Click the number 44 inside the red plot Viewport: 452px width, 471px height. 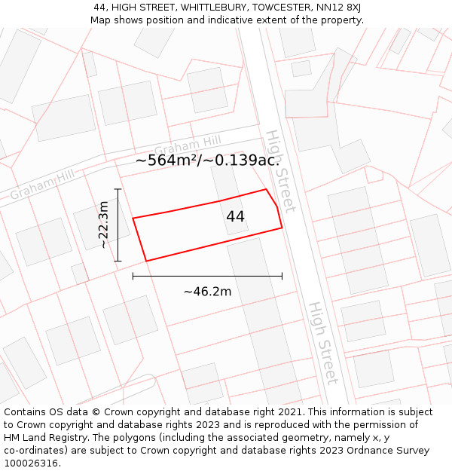[235, 216]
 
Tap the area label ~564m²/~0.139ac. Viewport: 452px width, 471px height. [208, 160]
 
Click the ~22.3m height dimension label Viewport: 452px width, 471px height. [104, 225]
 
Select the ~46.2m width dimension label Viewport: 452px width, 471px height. [207, 292]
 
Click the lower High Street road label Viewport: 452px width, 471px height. [322, 343]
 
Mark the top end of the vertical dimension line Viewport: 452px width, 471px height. [118, 188]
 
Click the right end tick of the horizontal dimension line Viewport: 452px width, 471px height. [282, 276]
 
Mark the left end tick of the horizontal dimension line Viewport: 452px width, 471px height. [133, 276]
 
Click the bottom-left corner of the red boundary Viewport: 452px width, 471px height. [145, 261]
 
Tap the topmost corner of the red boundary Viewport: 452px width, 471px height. [266, 189]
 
